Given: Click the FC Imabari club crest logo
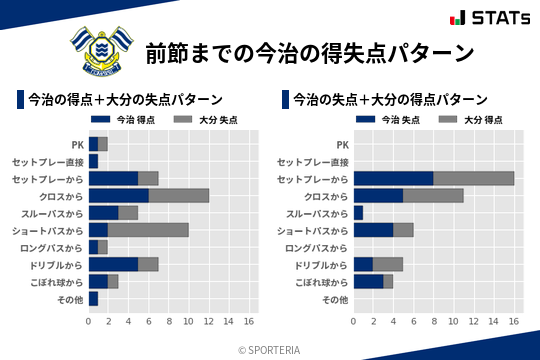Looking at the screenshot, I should point(97,50).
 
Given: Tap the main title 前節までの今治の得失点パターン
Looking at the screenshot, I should point(309,52).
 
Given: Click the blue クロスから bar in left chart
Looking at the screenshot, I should point(118,195).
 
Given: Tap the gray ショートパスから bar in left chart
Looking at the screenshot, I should point(148,230).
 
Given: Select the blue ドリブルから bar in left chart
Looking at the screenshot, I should point(113,264).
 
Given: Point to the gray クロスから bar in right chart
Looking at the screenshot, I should point(433,195).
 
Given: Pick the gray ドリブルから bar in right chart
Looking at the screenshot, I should point(388,264).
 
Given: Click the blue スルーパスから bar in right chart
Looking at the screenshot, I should point(358,213).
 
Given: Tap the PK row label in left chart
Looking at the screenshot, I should point(77,144).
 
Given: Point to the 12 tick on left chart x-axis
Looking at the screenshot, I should point(208,322).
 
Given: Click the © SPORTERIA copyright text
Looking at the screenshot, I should point(269,349).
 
